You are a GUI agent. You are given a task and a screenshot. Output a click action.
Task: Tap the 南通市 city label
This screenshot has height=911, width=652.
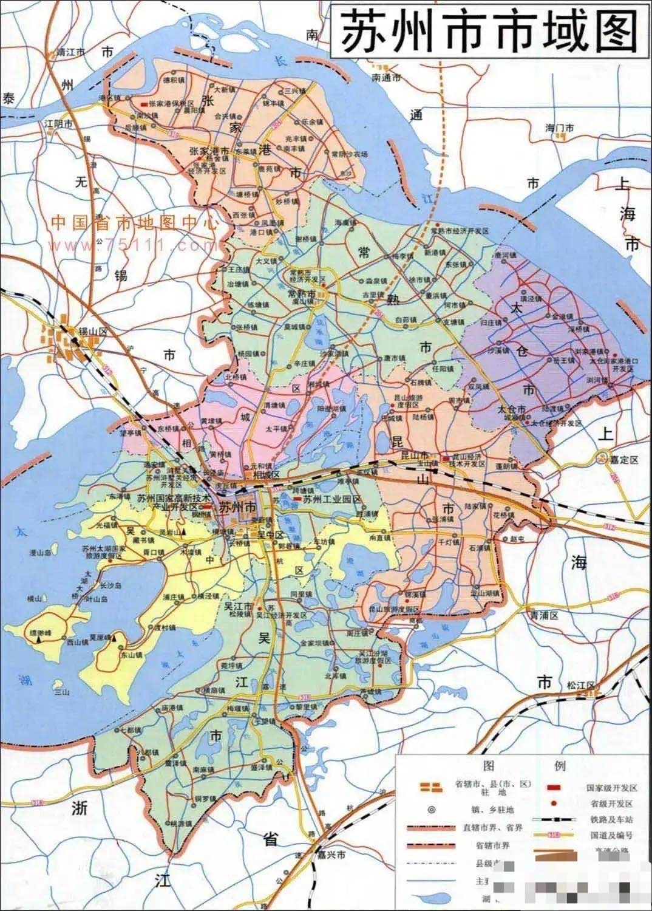(x=387, y=78)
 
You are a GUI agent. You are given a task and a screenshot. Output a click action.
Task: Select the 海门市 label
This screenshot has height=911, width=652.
(x=559, y=128)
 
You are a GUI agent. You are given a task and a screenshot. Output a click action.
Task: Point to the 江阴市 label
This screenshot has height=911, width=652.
(x=59, y=124)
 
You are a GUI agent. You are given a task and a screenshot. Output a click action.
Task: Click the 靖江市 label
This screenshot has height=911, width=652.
(x=70, y=53)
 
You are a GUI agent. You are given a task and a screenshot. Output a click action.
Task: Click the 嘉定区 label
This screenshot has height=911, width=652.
(x=625, y=461)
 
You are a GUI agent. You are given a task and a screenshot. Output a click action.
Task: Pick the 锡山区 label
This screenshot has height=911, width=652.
(x=92, y=332)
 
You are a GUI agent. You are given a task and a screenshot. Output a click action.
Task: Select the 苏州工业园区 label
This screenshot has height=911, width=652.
(x=331, y=499)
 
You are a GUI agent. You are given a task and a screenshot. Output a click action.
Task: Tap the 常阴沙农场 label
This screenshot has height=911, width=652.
(x=350, y=154)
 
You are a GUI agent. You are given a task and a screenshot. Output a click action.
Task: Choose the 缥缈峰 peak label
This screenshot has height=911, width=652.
(x=41, y=633)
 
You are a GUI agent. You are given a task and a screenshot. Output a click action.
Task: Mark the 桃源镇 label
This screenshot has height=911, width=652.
(x=181, y=824)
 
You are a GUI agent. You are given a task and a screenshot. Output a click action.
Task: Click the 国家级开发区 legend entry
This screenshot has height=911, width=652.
(x=612, y=788)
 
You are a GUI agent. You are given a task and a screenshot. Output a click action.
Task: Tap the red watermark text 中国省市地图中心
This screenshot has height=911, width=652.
(x=134, y=223)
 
